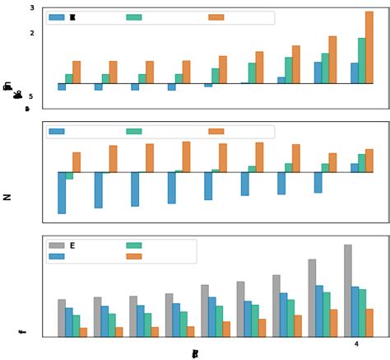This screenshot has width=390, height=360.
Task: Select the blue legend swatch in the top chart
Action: [57, 17]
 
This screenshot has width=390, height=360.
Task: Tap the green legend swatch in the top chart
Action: [133, 17]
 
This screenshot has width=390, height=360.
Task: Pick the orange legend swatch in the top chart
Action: [216, 17]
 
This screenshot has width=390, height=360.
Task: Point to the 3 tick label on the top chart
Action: [31, 7]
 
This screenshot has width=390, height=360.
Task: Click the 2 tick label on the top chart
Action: [31, 33]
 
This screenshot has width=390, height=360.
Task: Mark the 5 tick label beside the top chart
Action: [31, 96]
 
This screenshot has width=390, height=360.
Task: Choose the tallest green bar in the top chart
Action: [361, 60]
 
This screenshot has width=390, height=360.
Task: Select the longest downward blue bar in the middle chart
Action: [62, 193]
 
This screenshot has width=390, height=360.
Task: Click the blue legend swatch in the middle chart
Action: [57, 131]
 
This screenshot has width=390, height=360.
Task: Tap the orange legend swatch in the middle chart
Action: [216, 131]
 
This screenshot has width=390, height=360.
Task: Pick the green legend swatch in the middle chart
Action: [133, 131]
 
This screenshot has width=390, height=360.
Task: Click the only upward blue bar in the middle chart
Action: [355, 168]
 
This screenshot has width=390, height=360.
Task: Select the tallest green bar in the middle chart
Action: [362, 163]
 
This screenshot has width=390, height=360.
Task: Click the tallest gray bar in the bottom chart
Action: [348, 290]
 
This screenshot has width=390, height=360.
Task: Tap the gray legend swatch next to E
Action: [57, 245]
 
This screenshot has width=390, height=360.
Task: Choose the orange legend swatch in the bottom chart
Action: [133, 257]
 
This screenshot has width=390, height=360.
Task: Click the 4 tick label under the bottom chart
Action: [356, 344]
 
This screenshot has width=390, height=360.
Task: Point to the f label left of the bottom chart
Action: [21, 332]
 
